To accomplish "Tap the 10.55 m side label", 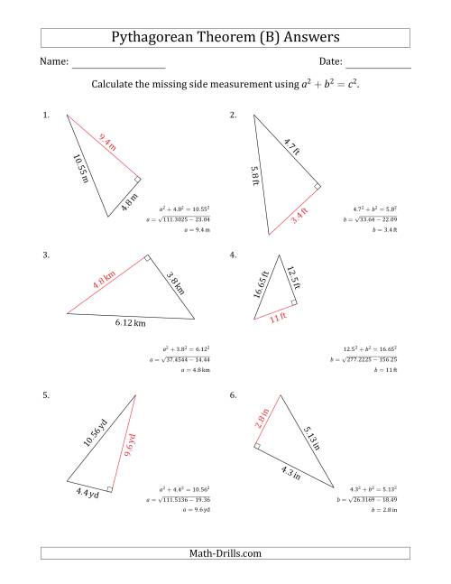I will click(81, 169).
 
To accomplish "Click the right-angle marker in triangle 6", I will click(258, 445).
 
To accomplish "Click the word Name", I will click(53, 61).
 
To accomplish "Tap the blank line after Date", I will click(378, 68).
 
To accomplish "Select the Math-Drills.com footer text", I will click(225, 553).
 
